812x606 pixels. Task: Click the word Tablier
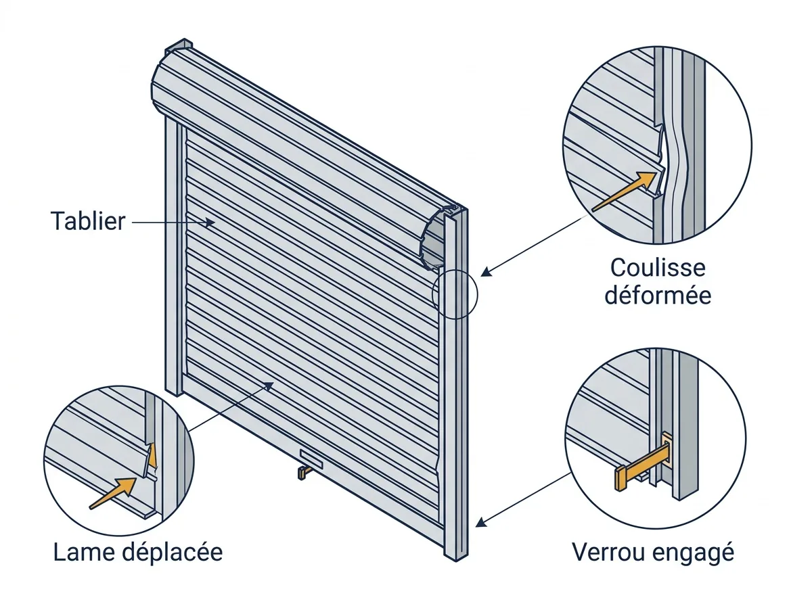coord(88,221)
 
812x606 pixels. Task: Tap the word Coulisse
coord(658,268)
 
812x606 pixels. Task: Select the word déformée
coord(658,296)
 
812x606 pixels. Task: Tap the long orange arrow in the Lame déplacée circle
coord(113,493)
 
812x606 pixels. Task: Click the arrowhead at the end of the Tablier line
coord(210,223)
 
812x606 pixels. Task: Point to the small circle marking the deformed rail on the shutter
coord(455,294)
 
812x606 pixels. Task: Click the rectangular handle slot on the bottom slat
coord(311,459)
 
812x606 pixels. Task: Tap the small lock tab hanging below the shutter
coord(303,473)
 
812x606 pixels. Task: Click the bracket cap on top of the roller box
coord(179,46)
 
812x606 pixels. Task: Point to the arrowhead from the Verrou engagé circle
coord(480,523)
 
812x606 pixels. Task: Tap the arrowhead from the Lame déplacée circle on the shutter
coord(269,386)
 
